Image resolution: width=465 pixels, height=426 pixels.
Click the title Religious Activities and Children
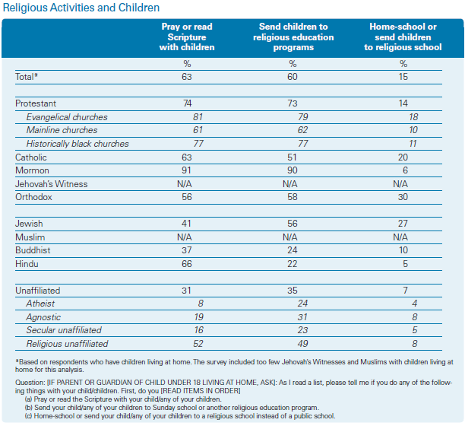point(81,8)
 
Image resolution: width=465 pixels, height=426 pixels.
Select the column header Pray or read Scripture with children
point(187,37)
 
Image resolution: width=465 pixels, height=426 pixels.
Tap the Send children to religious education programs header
point(293,37)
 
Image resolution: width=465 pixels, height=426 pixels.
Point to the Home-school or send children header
point(403,37)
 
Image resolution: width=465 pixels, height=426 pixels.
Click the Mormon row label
point(32,170)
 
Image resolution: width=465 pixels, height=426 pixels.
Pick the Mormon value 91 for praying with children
point(187,170)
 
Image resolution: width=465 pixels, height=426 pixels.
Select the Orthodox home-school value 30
point(403,197)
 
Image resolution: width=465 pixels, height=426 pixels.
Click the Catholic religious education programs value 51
point(292,157)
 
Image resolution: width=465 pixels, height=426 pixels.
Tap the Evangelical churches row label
point(67,117)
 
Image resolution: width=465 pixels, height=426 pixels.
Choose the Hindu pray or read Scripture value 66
point(187,264)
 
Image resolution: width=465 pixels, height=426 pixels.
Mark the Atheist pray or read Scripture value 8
point(201,304)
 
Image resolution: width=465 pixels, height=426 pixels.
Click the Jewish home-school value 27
point(403,224)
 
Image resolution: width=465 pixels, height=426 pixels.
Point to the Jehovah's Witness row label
point(52,184)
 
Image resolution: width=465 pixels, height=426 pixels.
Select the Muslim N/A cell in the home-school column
point(400,237)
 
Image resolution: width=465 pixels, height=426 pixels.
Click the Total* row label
point(27,77)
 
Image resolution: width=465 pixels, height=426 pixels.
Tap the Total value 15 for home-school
point(403,77)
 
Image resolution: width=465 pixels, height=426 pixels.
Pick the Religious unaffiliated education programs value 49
point(302,344)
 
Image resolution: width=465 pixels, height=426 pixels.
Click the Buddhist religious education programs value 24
point(292,250)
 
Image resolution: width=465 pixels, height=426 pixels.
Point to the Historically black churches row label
point(77,144)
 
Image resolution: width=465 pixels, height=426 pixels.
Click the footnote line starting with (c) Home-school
point(180,416)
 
